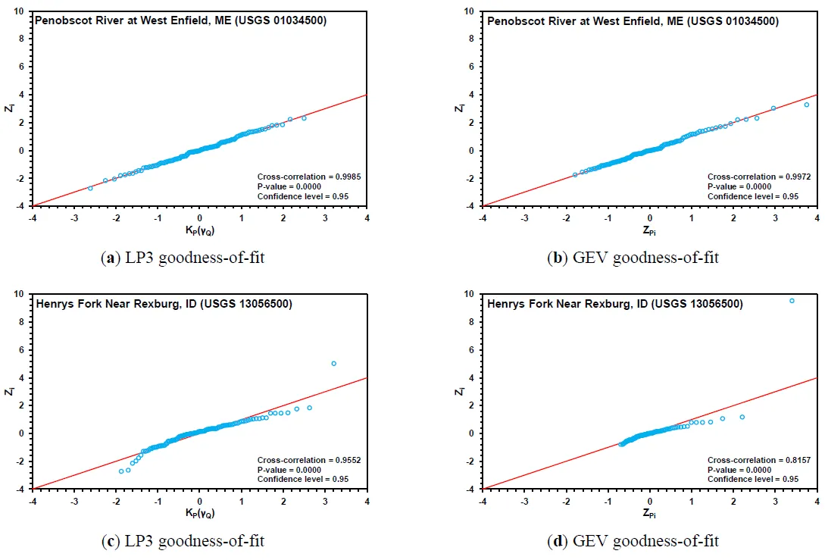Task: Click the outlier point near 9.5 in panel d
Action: point(792,301)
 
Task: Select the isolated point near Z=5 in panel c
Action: point(333,364)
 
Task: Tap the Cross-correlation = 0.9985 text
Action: point(301,177)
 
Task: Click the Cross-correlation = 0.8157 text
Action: point(751,460)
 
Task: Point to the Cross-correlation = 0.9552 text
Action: point(301,460)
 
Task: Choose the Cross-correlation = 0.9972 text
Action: point(751,177)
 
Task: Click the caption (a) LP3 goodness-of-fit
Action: point(183,258)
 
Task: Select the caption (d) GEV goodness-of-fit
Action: point(633,541)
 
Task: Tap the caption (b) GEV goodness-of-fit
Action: point(633,258)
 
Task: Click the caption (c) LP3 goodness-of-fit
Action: point(183,541)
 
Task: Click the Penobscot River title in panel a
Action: point(181,21)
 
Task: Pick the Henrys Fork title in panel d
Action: point(614,304)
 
